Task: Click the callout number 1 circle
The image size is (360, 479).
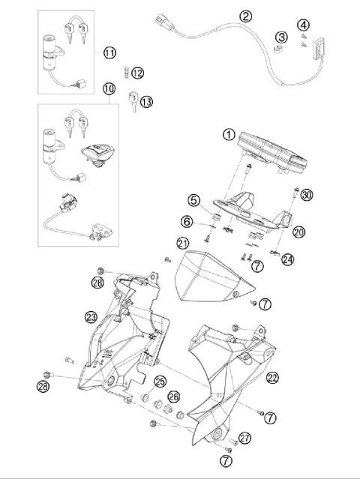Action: click(229, 135)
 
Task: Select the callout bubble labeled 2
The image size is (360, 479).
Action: click(246, 16)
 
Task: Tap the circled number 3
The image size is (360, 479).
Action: click(281, 37)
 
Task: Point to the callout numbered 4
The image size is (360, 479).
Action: click(303, 25)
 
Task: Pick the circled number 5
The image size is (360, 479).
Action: click(193, 200)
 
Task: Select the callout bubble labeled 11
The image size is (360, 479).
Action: click(109, 52)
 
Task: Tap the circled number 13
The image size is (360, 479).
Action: click(146, 101)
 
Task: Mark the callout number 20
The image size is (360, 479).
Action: click(299, 232)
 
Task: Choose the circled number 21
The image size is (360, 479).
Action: click(182, 243)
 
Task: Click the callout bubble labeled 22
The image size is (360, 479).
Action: click(273, 378)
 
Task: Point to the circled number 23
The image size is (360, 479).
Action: click(92, 316)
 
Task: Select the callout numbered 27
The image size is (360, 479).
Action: click(244, 439)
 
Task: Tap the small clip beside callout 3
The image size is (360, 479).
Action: click(274, 49)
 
